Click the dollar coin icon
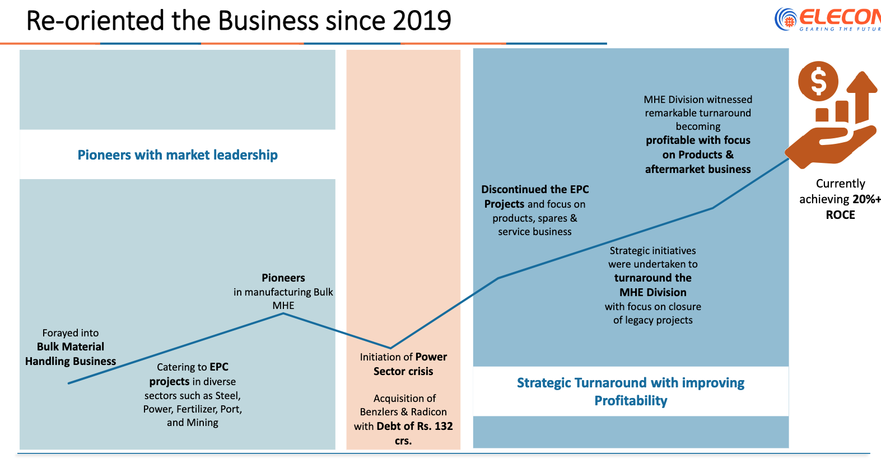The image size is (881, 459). [818, 81]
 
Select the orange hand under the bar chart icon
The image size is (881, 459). [829, 147]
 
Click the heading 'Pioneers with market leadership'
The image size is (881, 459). [178, 155]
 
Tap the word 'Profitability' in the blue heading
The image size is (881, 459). [631, 401]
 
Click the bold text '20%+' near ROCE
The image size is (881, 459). [866, 199]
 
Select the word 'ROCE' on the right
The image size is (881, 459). [840, 215]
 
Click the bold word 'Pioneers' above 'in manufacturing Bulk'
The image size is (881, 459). [283, 278]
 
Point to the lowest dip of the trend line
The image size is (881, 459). [390, 348]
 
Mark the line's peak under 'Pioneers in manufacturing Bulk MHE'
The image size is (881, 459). [283, 313]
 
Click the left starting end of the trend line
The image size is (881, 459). [69, 383]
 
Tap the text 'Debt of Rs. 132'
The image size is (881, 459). [415, 427]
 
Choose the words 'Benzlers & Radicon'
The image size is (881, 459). [403, 412]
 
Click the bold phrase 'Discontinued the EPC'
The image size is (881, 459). [535, 190]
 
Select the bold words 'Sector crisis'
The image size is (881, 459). [403, 372]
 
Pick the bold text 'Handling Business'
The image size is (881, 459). [71, 362]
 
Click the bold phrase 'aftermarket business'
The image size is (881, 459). [698, 170]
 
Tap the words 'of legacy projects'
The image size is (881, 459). [653, 320]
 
